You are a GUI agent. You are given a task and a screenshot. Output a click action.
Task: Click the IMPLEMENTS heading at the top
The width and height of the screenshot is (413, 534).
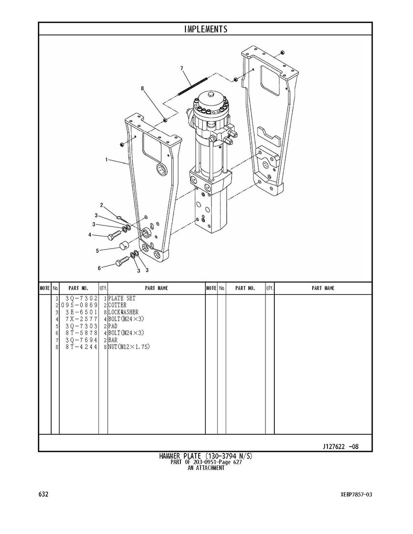tap(206, 29)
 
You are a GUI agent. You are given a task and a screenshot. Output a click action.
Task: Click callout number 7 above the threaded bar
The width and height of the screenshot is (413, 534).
tap(181, 68)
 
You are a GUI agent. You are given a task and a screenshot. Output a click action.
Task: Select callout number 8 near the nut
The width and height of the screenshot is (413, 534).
tap(143, 88)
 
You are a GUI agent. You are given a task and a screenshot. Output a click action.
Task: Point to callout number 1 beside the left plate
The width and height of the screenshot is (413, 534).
tap(107, 159)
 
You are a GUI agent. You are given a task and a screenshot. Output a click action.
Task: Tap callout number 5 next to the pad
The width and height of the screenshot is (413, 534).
tap(97, 251)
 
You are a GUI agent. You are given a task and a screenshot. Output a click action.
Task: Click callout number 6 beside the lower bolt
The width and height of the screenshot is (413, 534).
tap(99, 268)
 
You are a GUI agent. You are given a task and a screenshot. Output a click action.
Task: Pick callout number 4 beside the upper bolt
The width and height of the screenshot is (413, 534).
tap(90, 235)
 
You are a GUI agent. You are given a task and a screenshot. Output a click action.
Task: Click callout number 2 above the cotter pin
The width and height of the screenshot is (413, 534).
tap(102, 205)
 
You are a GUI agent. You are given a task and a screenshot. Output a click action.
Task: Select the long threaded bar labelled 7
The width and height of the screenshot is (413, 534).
tap(193, 87)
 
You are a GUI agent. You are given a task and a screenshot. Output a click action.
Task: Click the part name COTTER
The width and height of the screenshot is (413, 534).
tap(117, 306)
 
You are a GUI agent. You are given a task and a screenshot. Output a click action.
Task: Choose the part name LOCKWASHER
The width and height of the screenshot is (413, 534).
tap(123, 312)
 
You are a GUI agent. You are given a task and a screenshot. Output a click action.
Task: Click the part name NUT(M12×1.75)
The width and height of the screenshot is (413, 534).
tap(129, 347)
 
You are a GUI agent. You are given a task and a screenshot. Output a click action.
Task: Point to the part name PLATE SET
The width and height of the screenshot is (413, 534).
tap(122, 298)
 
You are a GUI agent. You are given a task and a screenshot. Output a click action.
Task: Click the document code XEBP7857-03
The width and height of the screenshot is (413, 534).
tap(354, 495)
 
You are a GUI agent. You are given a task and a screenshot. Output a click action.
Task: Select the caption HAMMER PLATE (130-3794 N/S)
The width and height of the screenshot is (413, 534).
tap(206, 456)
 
